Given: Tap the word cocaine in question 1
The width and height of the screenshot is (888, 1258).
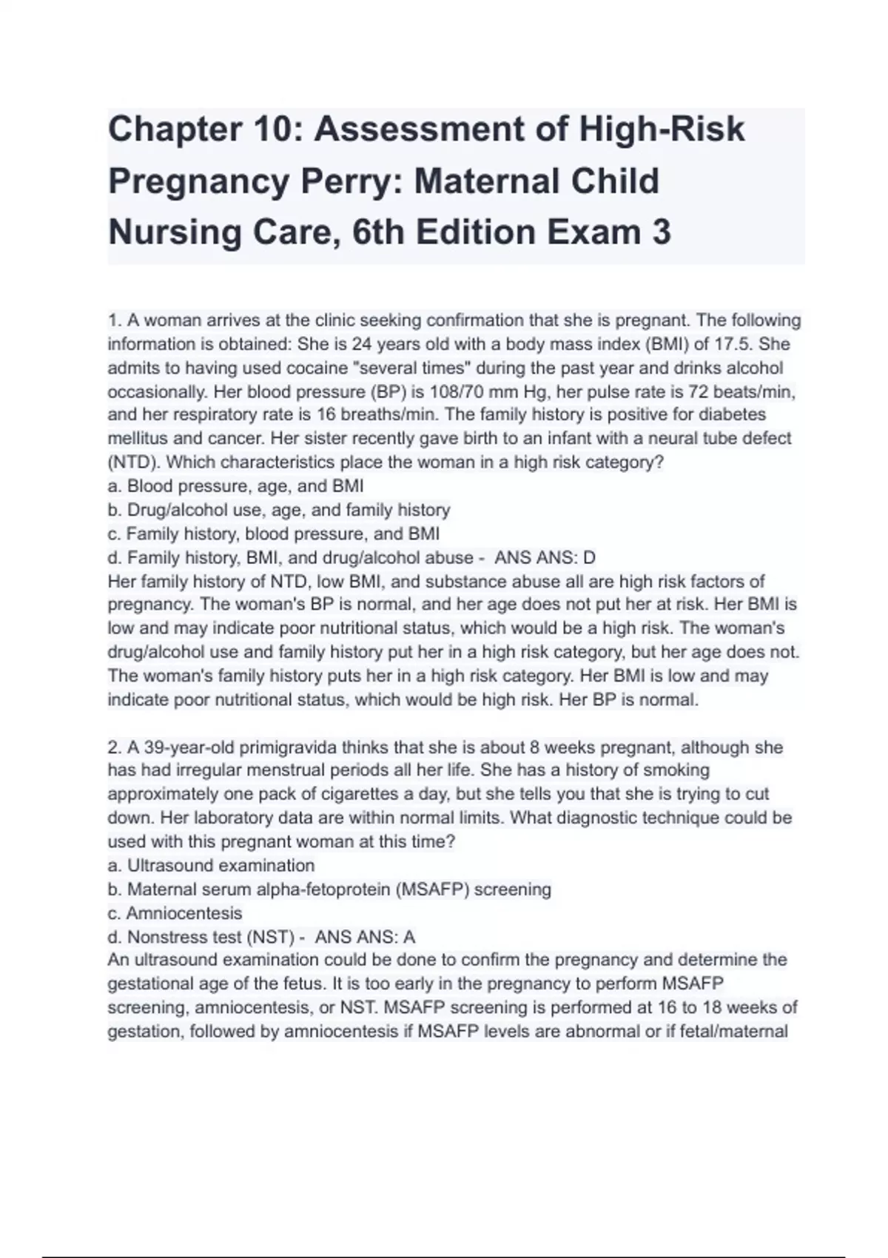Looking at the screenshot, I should [253, 368].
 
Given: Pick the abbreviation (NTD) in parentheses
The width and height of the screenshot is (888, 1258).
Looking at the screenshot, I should [133, 462].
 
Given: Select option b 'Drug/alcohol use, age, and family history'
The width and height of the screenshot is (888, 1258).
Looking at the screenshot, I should [279, 510].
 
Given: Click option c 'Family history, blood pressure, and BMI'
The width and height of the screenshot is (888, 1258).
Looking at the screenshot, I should [274, 534].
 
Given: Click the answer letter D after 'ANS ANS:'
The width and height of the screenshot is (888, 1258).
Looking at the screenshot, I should [589, 557].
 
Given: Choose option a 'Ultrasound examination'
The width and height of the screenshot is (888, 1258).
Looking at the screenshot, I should [211, 865].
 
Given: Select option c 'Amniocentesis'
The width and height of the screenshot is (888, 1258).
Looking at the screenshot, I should [175, 913].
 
